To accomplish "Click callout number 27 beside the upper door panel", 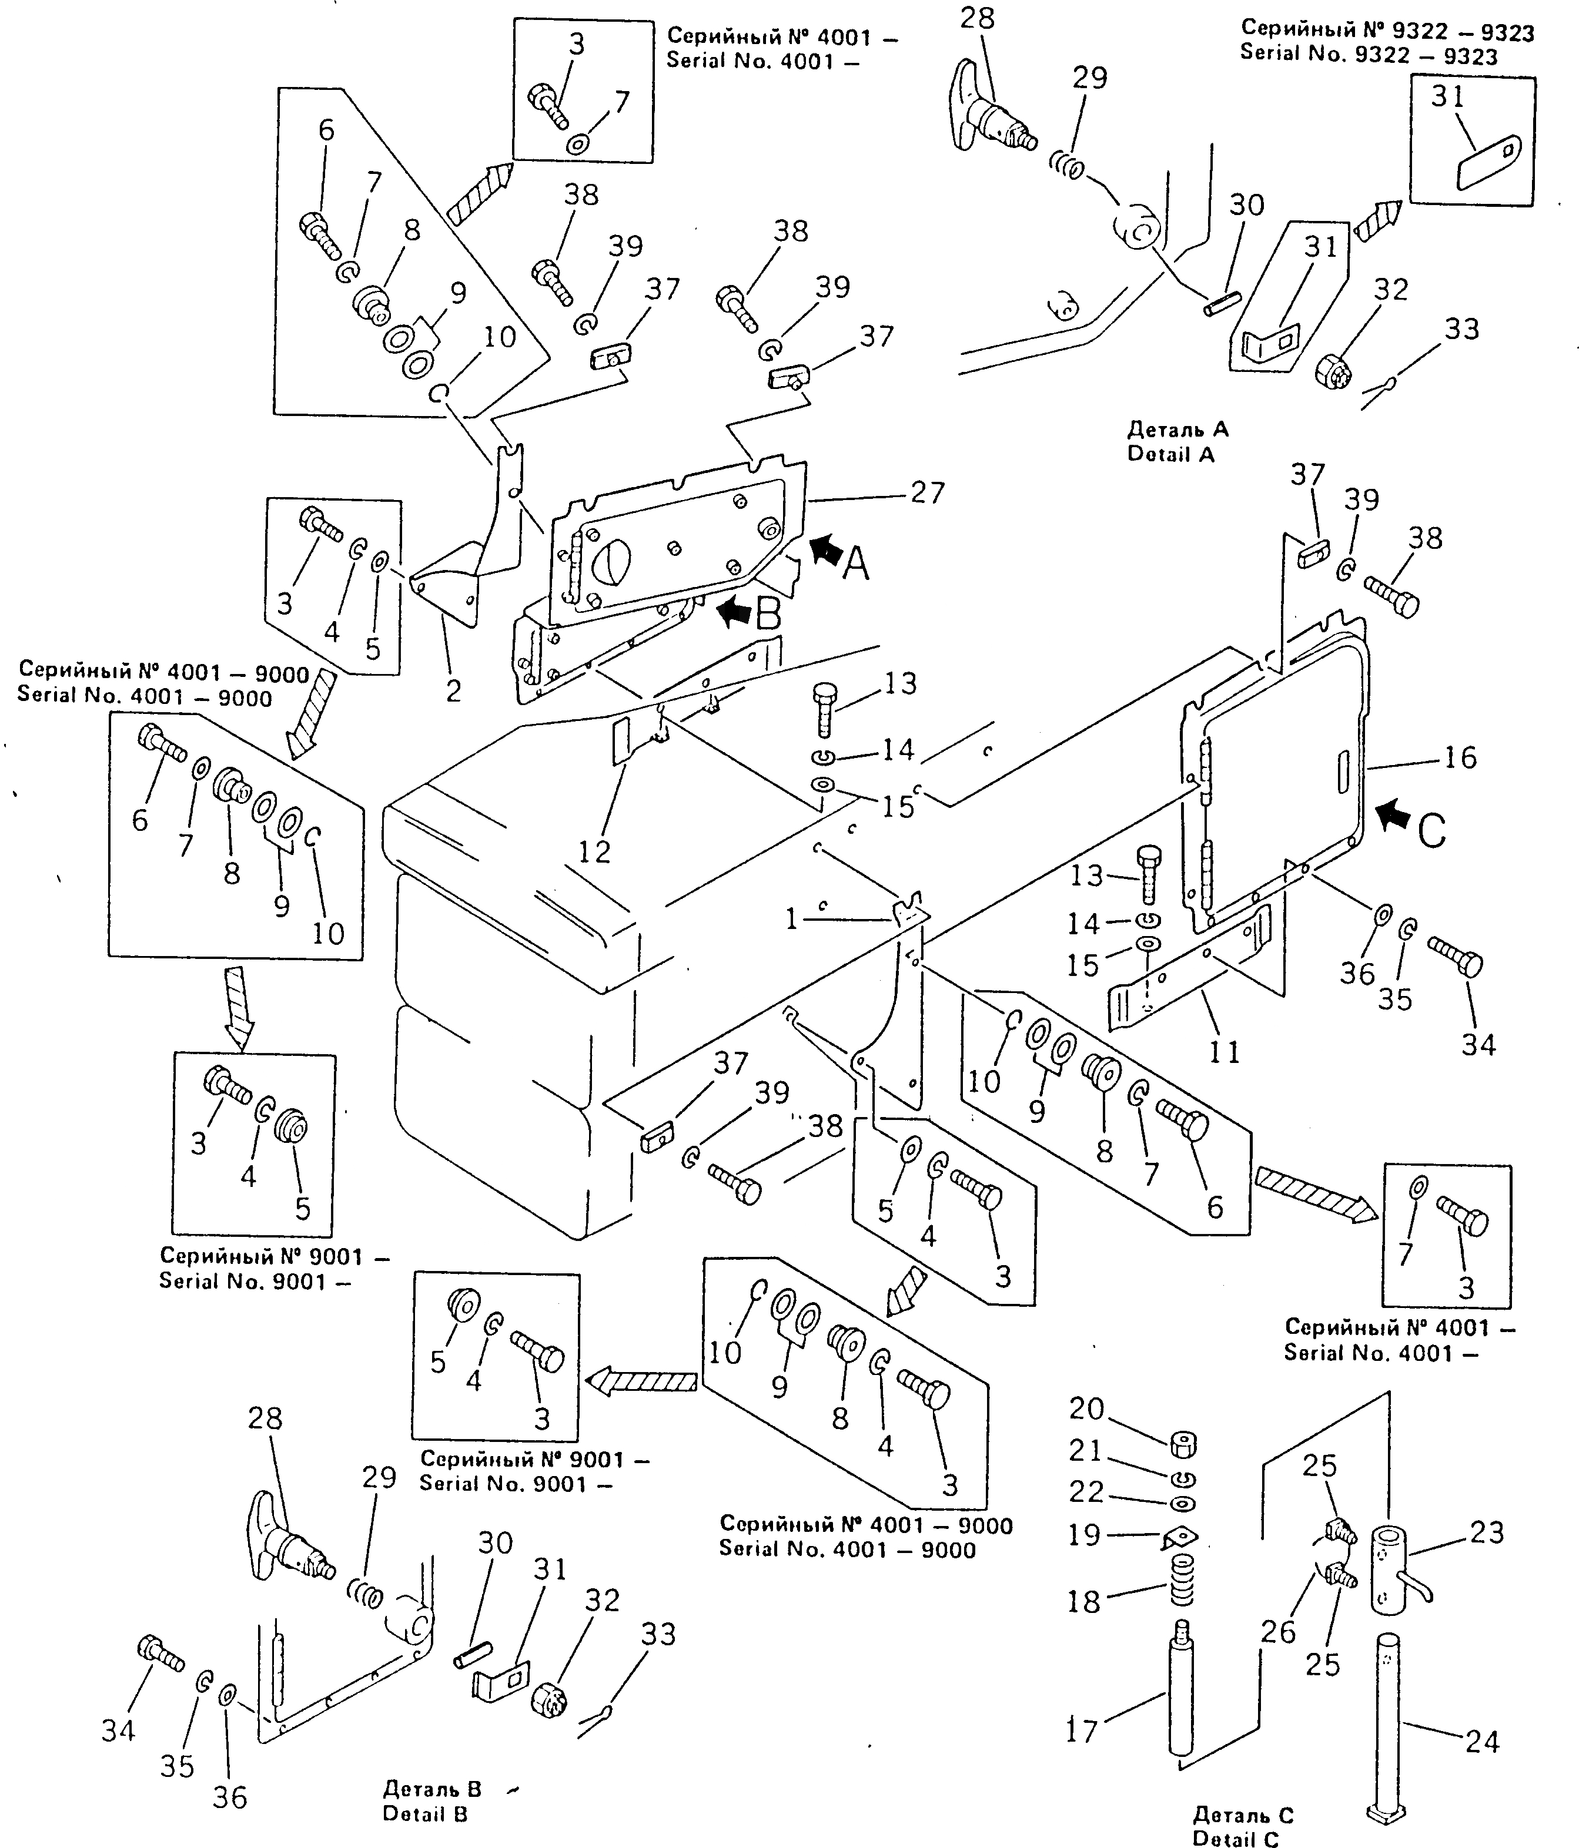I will point(927,492).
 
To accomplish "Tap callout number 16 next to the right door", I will point(1460,758).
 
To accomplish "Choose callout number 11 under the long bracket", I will point(1224,1052).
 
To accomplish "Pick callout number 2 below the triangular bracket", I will point(453,690).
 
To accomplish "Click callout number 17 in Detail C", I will point(1081,1731).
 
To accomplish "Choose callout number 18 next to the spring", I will point(1084,1602).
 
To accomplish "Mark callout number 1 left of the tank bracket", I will point(791,918).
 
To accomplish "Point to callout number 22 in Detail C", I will point(1086,1491).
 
